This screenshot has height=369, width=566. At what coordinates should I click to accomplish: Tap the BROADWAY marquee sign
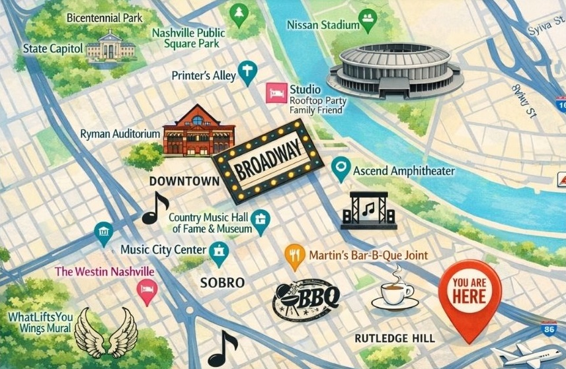(267, 160)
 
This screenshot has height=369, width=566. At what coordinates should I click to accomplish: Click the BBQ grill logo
(306, 296)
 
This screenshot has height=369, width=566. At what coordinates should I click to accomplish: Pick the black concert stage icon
(368, 211)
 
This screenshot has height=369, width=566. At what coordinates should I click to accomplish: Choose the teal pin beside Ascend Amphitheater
(340, 170)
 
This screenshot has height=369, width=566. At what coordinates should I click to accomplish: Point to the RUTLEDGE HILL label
(395, 338)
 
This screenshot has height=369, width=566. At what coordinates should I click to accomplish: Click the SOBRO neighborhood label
(222, 283)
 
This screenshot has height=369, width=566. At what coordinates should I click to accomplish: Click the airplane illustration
(533, 355)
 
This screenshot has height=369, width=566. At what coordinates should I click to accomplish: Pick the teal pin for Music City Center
(218, 252)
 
